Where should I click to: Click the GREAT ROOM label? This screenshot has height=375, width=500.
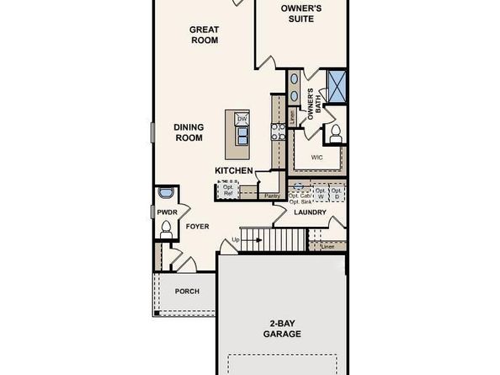click(x=204, y=35)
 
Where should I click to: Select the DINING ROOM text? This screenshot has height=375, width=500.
click(x=189, y=132)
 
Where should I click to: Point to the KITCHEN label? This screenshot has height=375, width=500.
click(x=234, y=171)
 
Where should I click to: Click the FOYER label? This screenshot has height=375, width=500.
click(x=197, y=227)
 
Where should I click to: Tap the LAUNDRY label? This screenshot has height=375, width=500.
click(x=310, y=212)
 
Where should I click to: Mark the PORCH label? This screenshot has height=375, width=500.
click(x=187, y=292)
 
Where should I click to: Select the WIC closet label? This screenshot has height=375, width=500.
click(x=316, y=158)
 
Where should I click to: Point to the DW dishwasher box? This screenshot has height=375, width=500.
click(x=242, y=120)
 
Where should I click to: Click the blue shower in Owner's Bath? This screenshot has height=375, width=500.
click(x=337, y=85)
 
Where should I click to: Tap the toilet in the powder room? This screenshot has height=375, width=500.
click(x=166, y=228)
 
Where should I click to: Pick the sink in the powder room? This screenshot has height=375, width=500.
click(x=164, y=193)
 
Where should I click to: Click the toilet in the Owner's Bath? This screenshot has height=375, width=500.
click(x=335, y=132)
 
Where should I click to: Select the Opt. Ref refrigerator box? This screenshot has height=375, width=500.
click(x=227, y=191)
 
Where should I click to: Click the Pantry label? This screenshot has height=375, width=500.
click(x=271, y=196)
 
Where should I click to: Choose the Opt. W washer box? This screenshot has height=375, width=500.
click(x=319, y=193)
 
